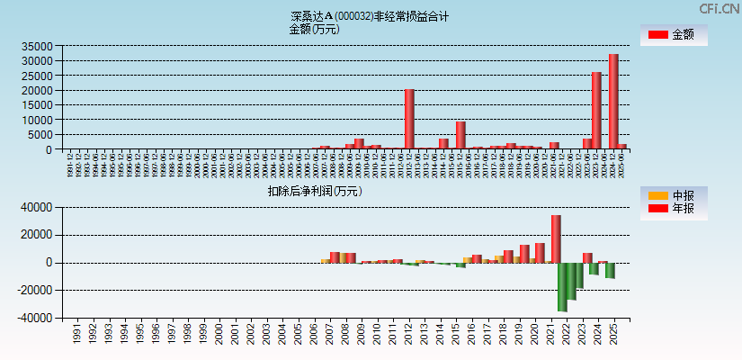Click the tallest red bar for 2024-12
coord(613,101)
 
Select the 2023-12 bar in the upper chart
coord(596,110)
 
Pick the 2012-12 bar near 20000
coord(409,119)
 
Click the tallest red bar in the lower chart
coord(556,238)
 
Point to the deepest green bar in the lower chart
coord(562,286)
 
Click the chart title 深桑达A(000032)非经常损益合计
coord(370,16)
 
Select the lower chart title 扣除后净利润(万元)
coord(314,191)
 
